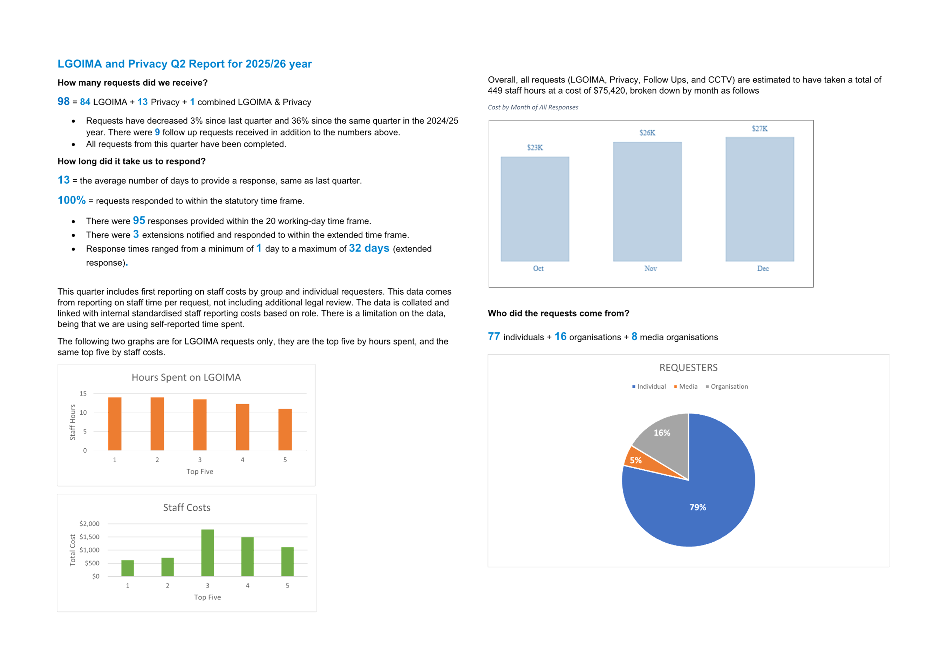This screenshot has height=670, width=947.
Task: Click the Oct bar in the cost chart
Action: (535, 209)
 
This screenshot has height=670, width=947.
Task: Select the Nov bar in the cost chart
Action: (647, 201)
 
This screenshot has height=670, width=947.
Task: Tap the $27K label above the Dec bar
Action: (760, 128)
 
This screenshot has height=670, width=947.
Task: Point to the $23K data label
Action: (535, 147)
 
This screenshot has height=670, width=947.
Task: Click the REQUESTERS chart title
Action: (688, 367)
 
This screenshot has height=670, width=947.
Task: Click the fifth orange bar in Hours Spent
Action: (285, 429)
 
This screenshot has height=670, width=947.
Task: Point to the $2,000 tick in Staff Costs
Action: (89, 524)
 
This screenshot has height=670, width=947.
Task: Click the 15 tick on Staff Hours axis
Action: (83, 394)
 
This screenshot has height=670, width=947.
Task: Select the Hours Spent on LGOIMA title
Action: (186, 377)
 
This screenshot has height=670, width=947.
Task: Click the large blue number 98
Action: (63, 102)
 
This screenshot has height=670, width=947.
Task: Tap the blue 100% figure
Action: (72, 200)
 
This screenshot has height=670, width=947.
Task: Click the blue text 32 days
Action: (369, 248)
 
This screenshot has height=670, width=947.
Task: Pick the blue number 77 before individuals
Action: (494, 336)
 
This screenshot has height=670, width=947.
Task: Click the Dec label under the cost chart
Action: (763, 268)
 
